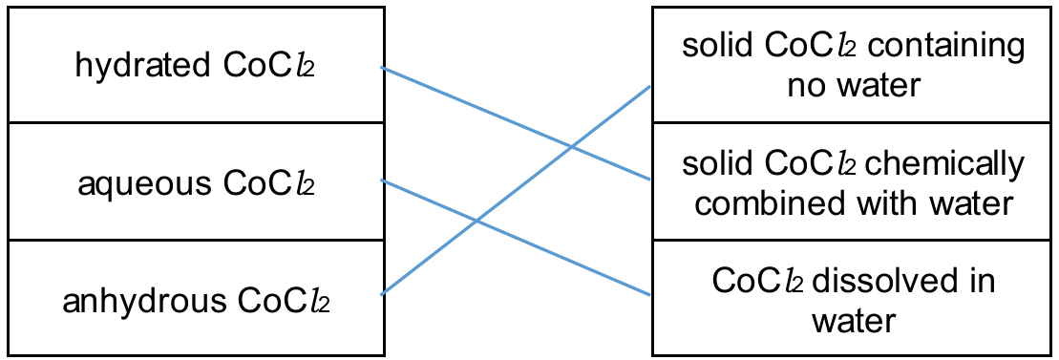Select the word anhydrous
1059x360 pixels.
coord(144,301)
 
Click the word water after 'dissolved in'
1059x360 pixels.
coord(854,321)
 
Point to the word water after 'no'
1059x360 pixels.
coord(875,87)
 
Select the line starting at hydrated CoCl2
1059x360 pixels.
coord(516,123)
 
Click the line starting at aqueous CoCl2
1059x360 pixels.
coord(516,237)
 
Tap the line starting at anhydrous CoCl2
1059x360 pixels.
coord(516,190)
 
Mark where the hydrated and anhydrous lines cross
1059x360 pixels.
coord(572,146)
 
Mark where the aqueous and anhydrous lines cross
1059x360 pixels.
coord(477,221)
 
